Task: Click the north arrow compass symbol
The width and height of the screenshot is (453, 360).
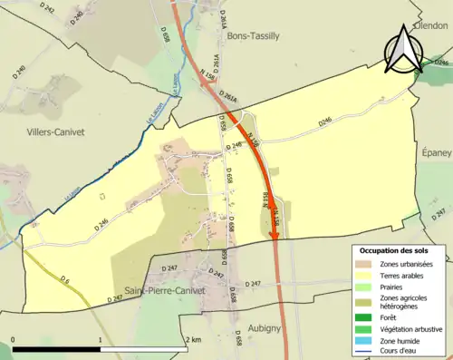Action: tap(404, 51)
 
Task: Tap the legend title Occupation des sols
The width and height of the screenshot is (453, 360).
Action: tap(396, 249)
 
